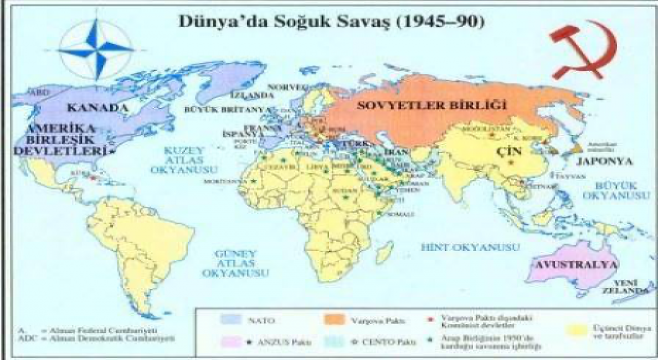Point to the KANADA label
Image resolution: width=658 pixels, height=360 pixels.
tap(96, 109)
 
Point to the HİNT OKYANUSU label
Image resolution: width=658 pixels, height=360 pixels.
tap(470, 247)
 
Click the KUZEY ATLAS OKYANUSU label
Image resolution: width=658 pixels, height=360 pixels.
tap(184, 159)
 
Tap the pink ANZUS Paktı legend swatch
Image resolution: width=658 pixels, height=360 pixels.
tap(233, 341)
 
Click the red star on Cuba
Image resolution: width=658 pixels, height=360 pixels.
tap(93, 178)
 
